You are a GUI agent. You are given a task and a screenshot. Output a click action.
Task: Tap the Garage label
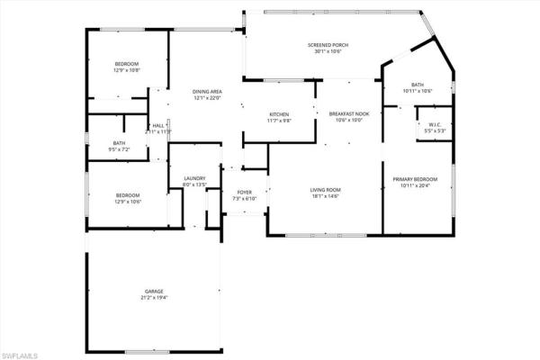[x=155, y=292]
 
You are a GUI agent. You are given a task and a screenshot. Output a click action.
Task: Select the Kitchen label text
[x=279, y=114]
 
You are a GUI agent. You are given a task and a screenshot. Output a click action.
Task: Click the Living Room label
[x=325, y=189]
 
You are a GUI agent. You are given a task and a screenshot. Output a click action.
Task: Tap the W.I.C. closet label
[x=434, y=125]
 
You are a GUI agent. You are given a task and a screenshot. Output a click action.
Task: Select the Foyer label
[x=245, y=193]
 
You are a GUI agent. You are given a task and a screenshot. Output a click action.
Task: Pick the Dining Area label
[x=208, y=92]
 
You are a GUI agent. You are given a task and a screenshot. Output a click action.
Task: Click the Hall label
[x=158, y=125]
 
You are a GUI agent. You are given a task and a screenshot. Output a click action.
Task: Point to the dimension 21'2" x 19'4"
[x=155, y=298]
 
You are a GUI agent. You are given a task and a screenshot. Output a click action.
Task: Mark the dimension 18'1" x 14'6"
[x=325, y=195]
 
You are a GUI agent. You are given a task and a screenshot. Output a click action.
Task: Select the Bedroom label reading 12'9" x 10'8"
[x=127, y=63]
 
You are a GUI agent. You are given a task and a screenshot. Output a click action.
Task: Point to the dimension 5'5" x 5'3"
[x=434, y=131]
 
